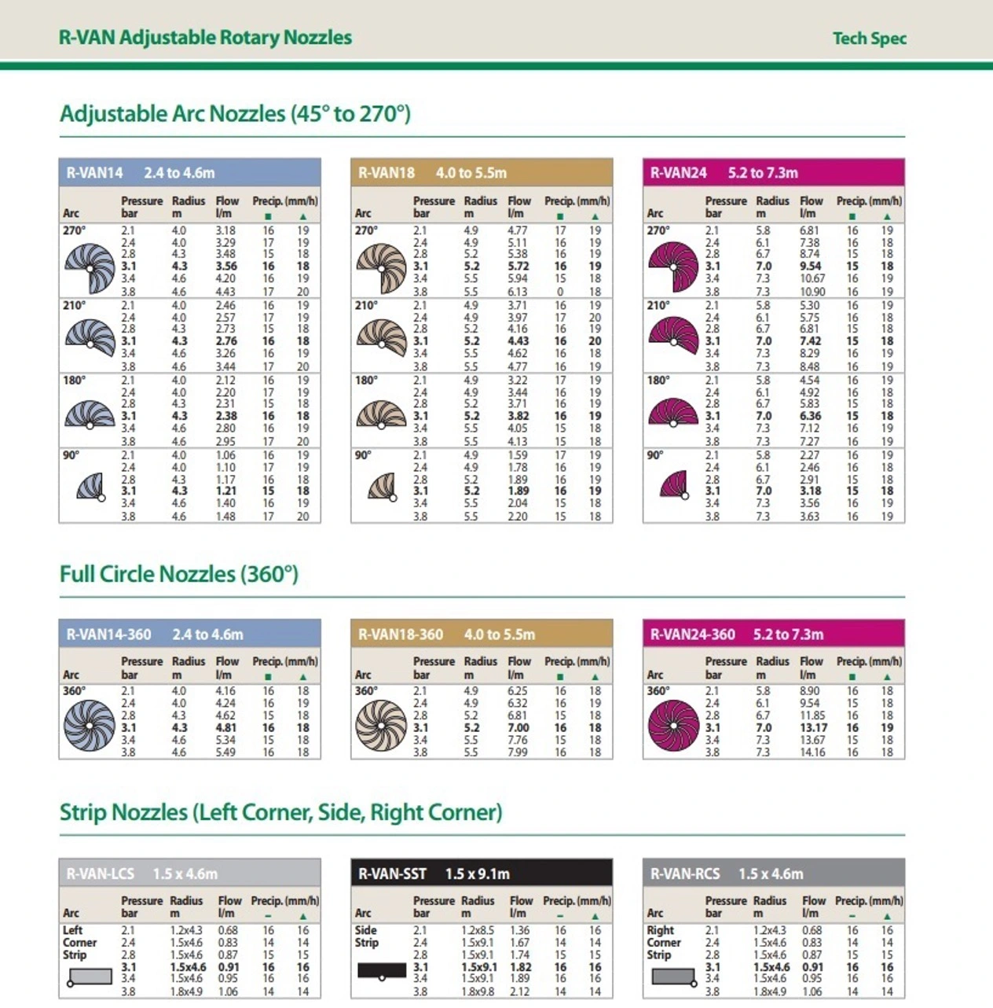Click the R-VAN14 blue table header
tap(189, 172)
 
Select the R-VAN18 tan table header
tap(481, 172)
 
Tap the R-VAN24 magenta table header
tap(773, 172)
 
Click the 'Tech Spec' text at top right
tap(869, 38)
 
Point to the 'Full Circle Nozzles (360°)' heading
tap(179, 574)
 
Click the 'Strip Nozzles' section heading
tap(280, 811)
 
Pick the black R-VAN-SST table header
tap(481, 874)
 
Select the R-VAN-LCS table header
tap(189, 874)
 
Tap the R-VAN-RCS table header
tap(773, 874)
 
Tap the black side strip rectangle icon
tap(382, 970)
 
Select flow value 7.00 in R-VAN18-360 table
tap(518, 727)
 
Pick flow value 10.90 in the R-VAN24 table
tap(812, 291)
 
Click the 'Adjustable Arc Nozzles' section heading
tap(235, 114)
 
